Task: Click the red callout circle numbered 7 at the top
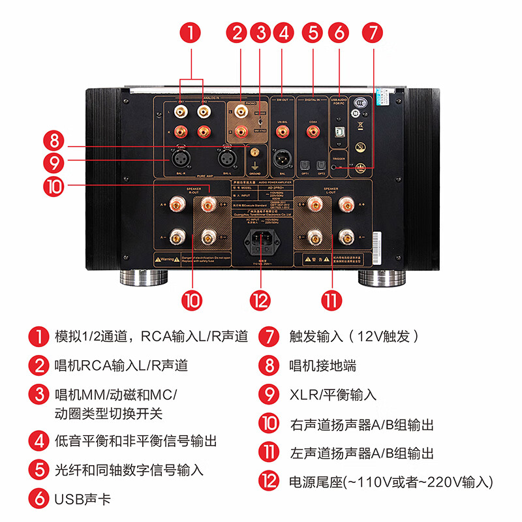[373, 32]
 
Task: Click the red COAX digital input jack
[313, 132]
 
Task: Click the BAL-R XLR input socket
[179, 159]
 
